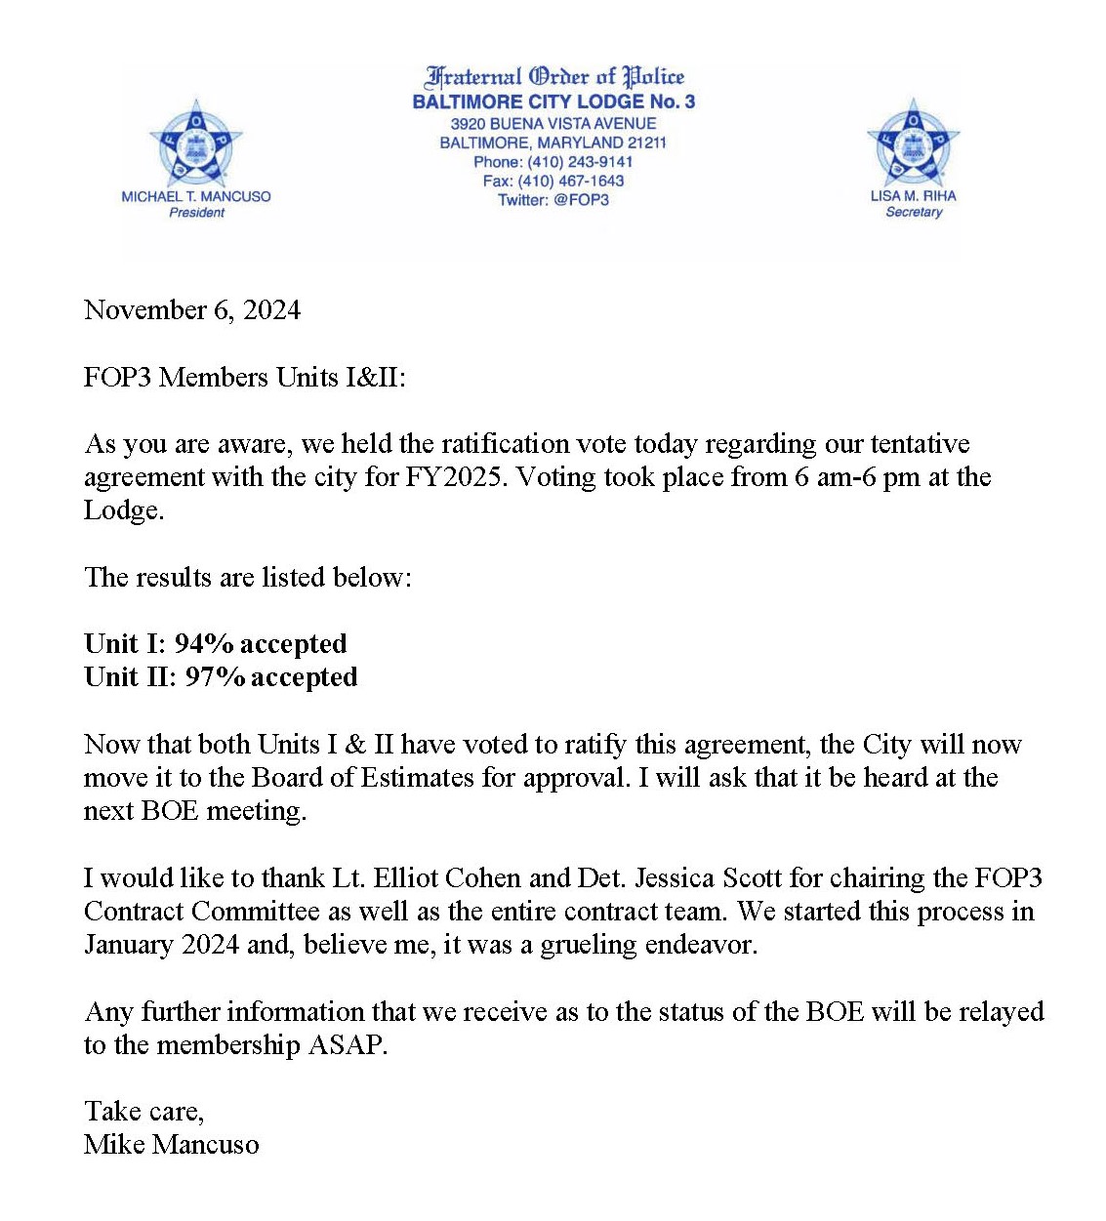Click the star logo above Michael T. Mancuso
196,144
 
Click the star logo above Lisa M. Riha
914,142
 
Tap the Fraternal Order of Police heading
554,76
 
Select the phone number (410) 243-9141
580,162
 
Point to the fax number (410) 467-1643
570,181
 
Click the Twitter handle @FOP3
581,200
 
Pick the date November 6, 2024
192,310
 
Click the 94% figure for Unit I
204,644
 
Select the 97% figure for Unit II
215,677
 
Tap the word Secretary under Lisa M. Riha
914,212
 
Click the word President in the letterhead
196,213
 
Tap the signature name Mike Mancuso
172,1145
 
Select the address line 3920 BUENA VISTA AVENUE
553,124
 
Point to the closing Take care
143,1112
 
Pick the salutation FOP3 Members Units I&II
244,378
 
